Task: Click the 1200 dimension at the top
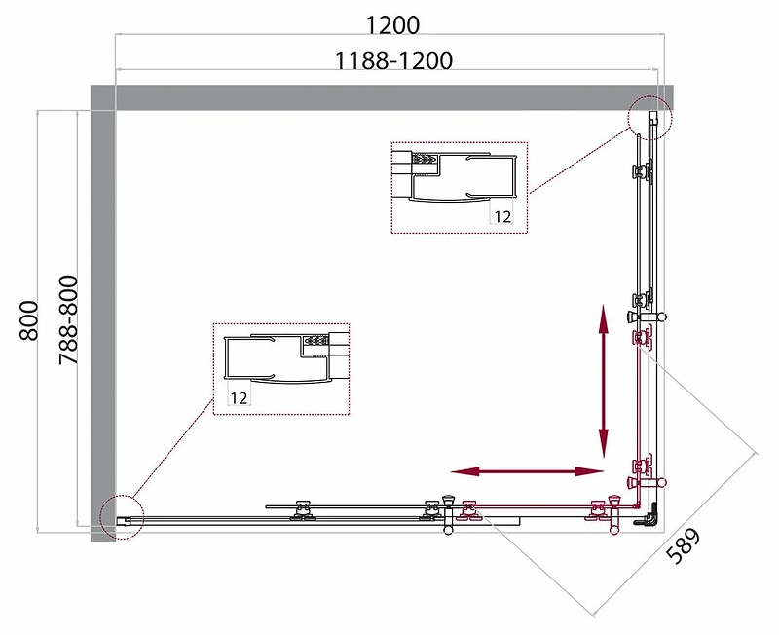click(392, 25)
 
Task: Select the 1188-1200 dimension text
click(394, 60)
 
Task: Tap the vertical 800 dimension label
click(29, 320)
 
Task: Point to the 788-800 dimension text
click(68, 320)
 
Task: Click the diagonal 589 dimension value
click(684, 546)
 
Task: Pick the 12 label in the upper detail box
click(502, 216)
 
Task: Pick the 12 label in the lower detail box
click(239, 398)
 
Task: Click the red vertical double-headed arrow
click(604, 381)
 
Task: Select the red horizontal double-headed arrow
click(527, 471)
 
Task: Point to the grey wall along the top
click(382, 97)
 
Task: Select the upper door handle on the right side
click(646, 316)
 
